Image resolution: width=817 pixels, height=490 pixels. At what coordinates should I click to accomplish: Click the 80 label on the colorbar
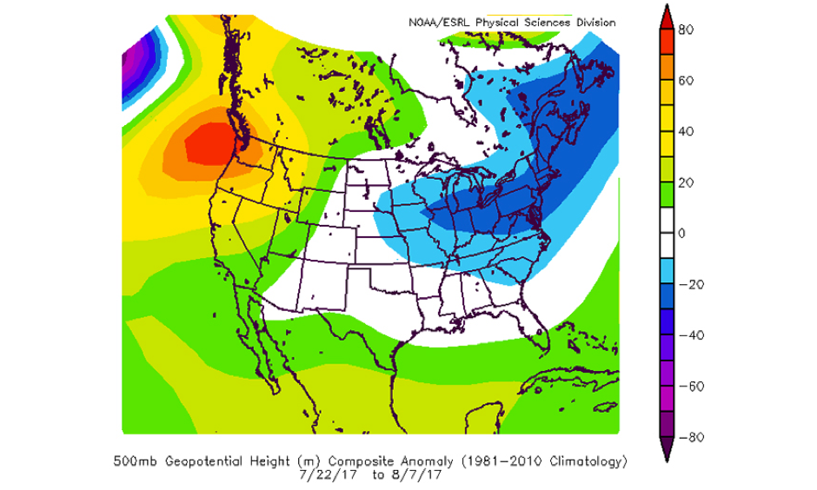click(x=685, y=30)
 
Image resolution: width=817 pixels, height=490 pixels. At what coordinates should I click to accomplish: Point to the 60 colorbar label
click(x=685, y=81)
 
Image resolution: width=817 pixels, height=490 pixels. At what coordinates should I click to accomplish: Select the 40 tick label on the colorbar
click(x=685, y=132)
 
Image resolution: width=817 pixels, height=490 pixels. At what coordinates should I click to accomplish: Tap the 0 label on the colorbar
click(x=683, y=234)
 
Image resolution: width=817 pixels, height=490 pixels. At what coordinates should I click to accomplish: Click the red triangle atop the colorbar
click(x=665, y=19)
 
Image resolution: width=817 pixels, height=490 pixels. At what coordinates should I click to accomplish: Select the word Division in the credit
click(x=594, y=23)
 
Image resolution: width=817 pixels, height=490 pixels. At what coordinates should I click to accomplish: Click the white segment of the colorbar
click(x=665, y=234)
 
